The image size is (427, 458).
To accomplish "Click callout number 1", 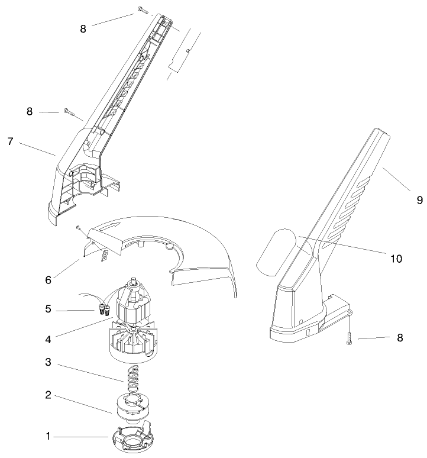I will click(48, 436).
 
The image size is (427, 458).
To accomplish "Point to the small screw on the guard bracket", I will click(78, 225).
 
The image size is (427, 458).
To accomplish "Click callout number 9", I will click(419, 201).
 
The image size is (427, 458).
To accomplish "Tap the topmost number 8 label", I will click(83, 28).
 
